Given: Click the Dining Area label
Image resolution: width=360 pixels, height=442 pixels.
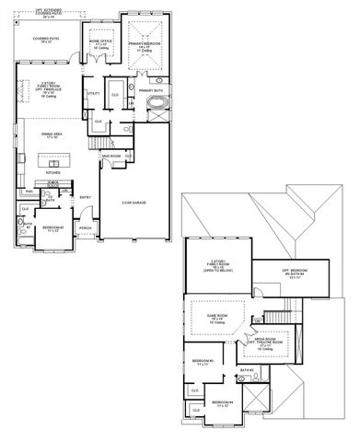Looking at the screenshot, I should (51, 134).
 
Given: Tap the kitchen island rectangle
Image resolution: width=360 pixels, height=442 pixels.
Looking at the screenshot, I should (53, 160).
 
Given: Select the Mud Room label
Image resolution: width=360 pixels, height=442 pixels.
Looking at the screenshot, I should (110, 157).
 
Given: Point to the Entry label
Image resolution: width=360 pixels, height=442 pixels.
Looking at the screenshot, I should (85, 196).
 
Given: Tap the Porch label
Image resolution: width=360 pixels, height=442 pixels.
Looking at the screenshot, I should (86, 227).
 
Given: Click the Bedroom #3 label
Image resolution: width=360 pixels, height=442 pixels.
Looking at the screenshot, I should (203, 363).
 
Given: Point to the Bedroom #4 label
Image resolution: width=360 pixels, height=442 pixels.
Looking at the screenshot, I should (223, 403).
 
